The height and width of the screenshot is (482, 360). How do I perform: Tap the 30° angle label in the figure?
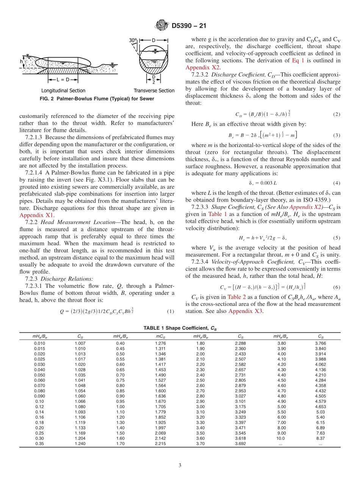click(x=133, y=40)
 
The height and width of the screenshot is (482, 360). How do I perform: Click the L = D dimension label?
click(x=63, y=80)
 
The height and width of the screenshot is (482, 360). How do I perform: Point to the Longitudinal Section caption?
click(x=63, y=91)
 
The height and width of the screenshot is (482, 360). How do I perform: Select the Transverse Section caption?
click(x=154, y=91)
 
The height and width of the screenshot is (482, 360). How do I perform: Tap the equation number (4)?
click(x=336, y=183)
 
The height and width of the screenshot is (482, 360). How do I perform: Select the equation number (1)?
click(x=170, y=311)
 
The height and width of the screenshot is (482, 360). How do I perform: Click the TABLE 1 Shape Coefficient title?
click(x=180, y=328)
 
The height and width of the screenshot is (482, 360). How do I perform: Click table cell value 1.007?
click(x=80, y=343)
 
